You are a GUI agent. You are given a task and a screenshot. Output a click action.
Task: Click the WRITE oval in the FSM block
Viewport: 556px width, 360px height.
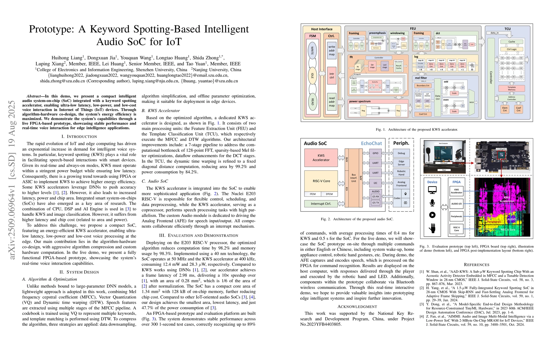312,50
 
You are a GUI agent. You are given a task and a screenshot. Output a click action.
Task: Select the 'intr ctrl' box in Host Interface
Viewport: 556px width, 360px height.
331,75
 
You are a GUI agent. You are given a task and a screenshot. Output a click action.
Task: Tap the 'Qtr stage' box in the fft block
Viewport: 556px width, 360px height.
372,66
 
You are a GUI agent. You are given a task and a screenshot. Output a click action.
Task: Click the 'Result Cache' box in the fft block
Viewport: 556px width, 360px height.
398,67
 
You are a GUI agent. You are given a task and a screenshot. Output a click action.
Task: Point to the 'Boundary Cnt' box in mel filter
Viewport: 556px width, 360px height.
423,85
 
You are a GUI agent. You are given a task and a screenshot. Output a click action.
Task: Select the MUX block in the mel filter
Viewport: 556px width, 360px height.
471,102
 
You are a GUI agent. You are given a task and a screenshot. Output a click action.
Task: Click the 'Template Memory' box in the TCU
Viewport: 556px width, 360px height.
511,88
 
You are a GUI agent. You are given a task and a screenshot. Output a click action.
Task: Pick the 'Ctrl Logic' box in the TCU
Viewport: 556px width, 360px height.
511,49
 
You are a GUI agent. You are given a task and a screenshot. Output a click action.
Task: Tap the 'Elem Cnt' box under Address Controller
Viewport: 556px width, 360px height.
505,109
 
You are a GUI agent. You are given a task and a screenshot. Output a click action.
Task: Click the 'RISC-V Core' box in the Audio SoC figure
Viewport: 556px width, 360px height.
321,181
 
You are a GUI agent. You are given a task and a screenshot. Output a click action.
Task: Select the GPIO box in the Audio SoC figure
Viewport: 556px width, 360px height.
375,153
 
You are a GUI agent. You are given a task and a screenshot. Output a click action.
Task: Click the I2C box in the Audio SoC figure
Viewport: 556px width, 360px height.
375,183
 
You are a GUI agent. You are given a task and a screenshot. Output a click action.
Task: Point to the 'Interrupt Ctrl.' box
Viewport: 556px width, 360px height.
321,204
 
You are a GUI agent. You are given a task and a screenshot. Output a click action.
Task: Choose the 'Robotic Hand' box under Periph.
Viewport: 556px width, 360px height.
401,173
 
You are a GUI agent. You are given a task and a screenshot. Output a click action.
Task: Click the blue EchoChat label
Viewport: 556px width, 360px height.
371,143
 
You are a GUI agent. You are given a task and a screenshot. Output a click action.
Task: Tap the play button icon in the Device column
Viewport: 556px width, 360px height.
432,215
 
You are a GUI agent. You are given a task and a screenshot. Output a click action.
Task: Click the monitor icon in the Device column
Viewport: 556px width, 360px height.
432,190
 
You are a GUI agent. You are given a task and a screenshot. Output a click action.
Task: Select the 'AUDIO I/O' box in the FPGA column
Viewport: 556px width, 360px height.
456,204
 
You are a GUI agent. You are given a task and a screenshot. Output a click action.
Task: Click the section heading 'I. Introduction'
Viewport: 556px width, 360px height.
79,136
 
